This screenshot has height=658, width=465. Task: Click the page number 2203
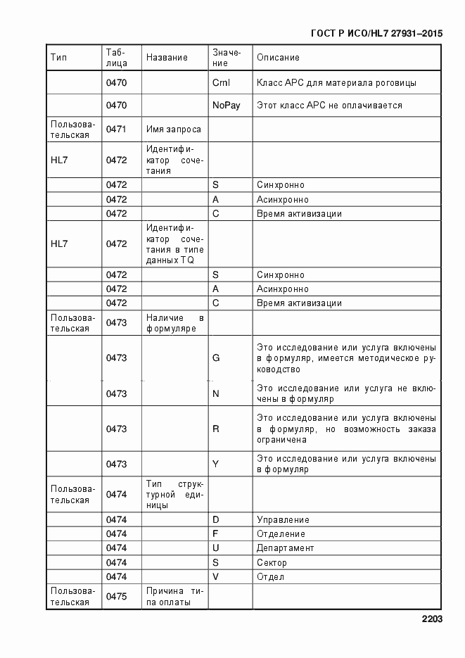(432, 619)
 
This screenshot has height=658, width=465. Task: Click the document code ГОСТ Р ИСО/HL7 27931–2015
(376, 33)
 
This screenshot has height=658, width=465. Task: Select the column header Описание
(278, 58)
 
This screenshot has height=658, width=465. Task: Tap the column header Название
(167, 58)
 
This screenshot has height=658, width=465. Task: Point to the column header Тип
(58, 58)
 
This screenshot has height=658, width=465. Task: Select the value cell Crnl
(221, 83)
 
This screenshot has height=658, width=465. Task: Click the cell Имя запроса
(174, 129)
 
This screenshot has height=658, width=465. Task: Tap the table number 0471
(116, 129)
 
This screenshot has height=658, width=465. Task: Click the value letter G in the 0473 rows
(216, 358)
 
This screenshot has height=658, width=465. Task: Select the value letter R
(216, 429)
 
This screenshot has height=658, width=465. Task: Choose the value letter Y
(216, 464)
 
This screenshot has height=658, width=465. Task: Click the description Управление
(283, 520)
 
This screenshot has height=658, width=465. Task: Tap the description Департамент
(286, 548)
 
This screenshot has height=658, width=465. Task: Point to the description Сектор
(272, 563)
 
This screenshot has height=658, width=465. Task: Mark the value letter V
(216, 577)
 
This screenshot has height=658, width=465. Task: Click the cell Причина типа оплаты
(174, 596)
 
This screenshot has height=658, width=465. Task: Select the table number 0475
(116, 597)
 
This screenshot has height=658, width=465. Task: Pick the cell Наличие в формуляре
(174, 323)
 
